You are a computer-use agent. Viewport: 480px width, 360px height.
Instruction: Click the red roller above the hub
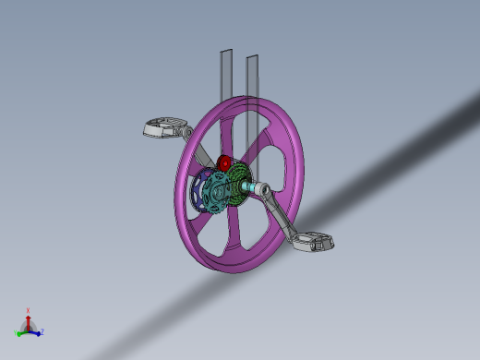[224, 163]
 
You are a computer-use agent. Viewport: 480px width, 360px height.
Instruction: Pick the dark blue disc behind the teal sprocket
[198, 194]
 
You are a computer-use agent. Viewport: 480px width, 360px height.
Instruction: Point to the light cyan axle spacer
[251, 189]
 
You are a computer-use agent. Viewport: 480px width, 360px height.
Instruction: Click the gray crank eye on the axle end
[263, 191]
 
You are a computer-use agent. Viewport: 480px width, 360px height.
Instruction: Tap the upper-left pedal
[163, 128]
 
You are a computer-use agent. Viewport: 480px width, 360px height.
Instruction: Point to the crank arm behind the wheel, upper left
[188, 135]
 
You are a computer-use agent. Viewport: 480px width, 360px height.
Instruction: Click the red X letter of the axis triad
[28, 311]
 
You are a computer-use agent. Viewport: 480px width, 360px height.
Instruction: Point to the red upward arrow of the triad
[28, 321]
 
